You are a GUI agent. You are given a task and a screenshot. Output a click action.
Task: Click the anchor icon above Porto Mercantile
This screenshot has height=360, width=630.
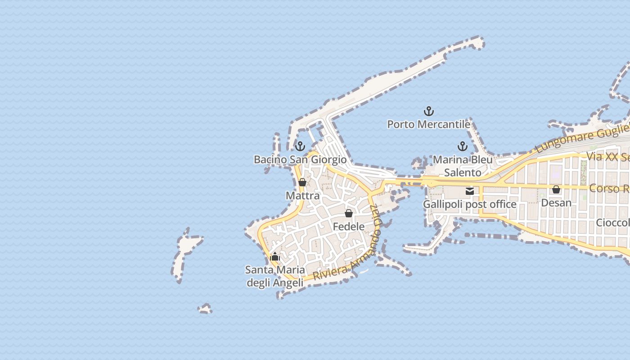click(x=429, y=111)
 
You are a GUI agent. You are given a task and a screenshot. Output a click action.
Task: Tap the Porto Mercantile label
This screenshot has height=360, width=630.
click(x=428, y=124)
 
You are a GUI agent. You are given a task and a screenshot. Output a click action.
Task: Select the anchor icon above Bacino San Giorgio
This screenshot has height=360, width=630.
click(x=300, y=146)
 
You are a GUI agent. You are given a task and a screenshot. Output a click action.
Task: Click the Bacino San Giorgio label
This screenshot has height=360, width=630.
click(x=300, y=160)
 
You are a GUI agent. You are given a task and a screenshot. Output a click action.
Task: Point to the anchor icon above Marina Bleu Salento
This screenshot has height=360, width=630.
click(x=463, y=146)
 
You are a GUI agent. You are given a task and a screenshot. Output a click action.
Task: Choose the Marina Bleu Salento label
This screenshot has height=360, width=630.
click(x=463, y=166)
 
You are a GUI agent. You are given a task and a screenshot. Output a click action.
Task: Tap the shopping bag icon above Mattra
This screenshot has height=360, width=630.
click(x=302, y=182)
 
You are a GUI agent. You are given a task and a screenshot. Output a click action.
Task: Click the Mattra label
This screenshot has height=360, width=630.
click(x=302, y=196)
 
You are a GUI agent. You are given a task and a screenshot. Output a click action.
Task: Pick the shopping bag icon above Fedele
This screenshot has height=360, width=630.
click(x=349, y=213)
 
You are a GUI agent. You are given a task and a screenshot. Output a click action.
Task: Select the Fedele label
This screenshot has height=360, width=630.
click(x=349, y=226)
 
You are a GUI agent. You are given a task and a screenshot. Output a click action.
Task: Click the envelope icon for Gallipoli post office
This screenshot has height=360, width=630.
click(x=470, y=191)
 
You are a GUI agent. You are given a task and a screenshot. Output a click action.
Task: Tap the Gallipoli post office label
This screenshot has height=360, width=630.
click(x=470, y=204)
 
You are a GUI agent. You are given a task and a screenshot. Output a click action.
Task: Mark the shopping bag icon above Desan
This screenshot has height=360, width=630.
click(x=556, y=189)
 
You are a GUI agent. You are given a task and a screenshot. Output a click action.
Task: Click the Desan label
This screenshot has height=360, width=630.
click(x=556, y=203)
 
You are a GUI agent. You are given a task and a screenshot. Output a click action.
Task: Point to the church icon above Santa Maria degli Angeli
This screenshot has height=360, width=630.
click(x=275, y=257)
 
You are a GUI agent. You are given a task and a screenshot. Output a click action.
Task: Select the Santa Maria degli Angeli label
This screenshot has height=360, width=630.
click(x=275, y=276)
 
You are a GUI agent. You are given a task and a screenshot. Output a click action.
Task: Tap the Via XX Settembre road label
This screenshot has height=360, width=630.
click(x=607, y=157)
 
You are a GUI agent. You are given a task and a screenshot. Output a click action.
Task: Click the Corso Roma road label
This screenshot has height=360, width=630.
click(x=609, y=188)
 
